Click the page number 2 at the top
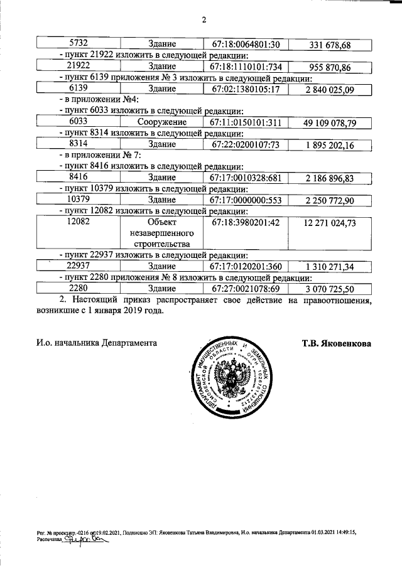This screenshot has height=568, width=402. point(204,19)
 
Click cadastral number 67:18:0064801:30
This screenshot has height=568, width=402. point(245,45)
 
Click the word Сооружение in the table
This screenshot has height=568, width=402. point(161,122)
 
